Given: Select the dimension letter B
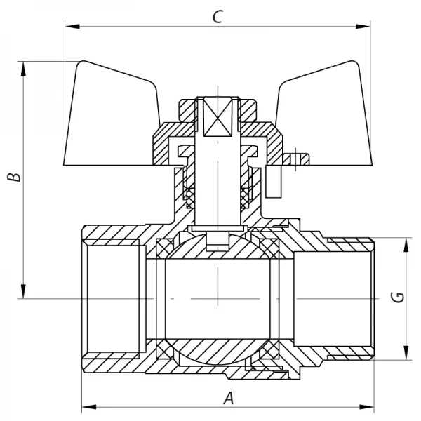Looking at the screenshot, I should coord(13,177).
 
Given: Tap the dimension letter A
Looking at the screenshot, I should coord(228,399).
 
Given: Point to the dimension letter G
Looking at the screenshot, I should coord(398,298).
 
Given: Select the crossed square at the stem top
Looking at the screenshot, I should coord(218,115).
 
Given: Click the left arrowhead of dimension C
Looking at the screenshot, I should coord(69,27).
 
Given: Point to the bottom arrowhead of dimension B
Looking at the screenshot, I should coord(25,293).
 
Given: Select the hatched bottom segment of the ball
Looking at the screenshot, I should coord(218,351).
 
